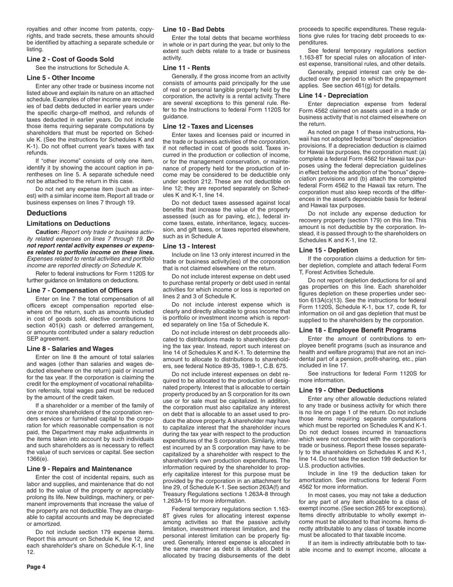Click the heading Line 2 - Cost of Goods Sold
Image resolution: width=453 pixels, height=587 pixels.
click(x=70, y=59)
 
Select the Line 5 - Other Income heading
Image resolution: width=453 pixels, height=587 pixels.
click(x=61, y=78)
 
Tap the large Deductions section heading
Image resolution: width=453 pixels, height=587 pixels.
click(x=47, y=213)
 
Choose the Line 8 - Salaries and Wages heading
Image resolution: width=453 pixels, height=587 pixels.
click(x=70, y=348)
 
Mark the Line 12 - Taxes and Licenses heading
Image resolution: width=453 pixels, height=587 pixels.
click(x=208, y=126)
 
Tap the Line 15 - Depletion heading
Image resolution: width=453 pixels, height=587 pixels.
click(x=329, y=250)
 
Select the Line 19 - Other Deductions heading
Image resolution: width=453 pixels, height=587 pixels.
click(x=341, y=390)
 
